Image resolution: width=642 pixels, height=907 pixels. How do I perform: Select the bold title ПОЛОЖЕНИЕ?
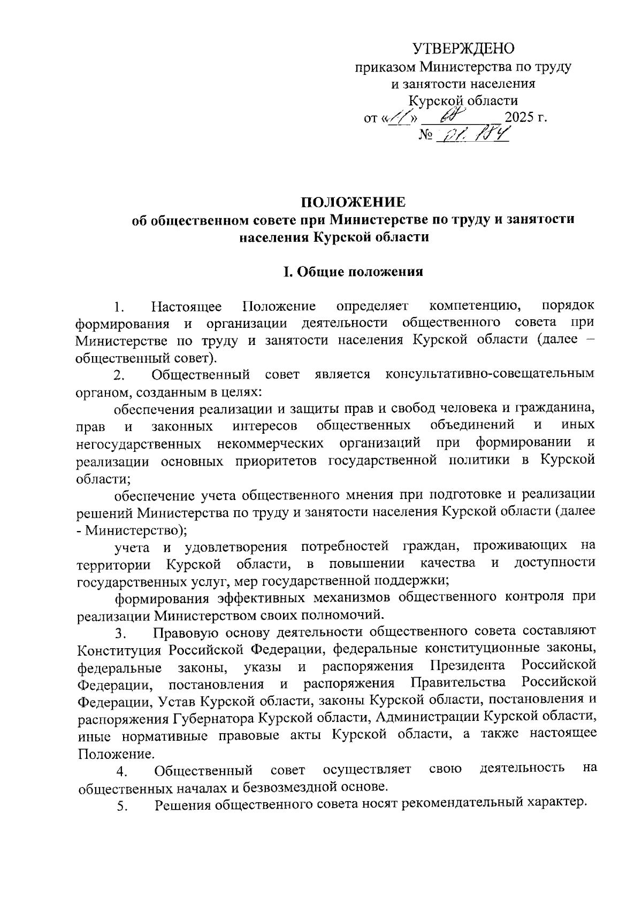pos(354,202)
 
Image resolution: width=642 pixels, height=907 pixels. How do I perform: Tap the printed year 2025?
pos(521,117)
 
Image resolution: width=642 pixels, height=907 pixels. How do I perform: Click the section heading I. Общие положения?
pos(353,272)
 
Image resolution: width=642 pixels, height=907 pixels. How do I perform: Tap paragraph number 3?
pos(120,634)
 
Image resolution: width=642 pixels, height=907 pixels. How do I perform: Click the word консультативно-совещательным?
pos(490,374)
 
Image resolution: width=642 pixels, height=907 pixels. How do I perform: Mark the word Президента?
pos(468,666)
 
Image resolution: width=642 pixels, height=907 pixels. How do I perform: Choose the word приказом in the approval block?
pos(385,67)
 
